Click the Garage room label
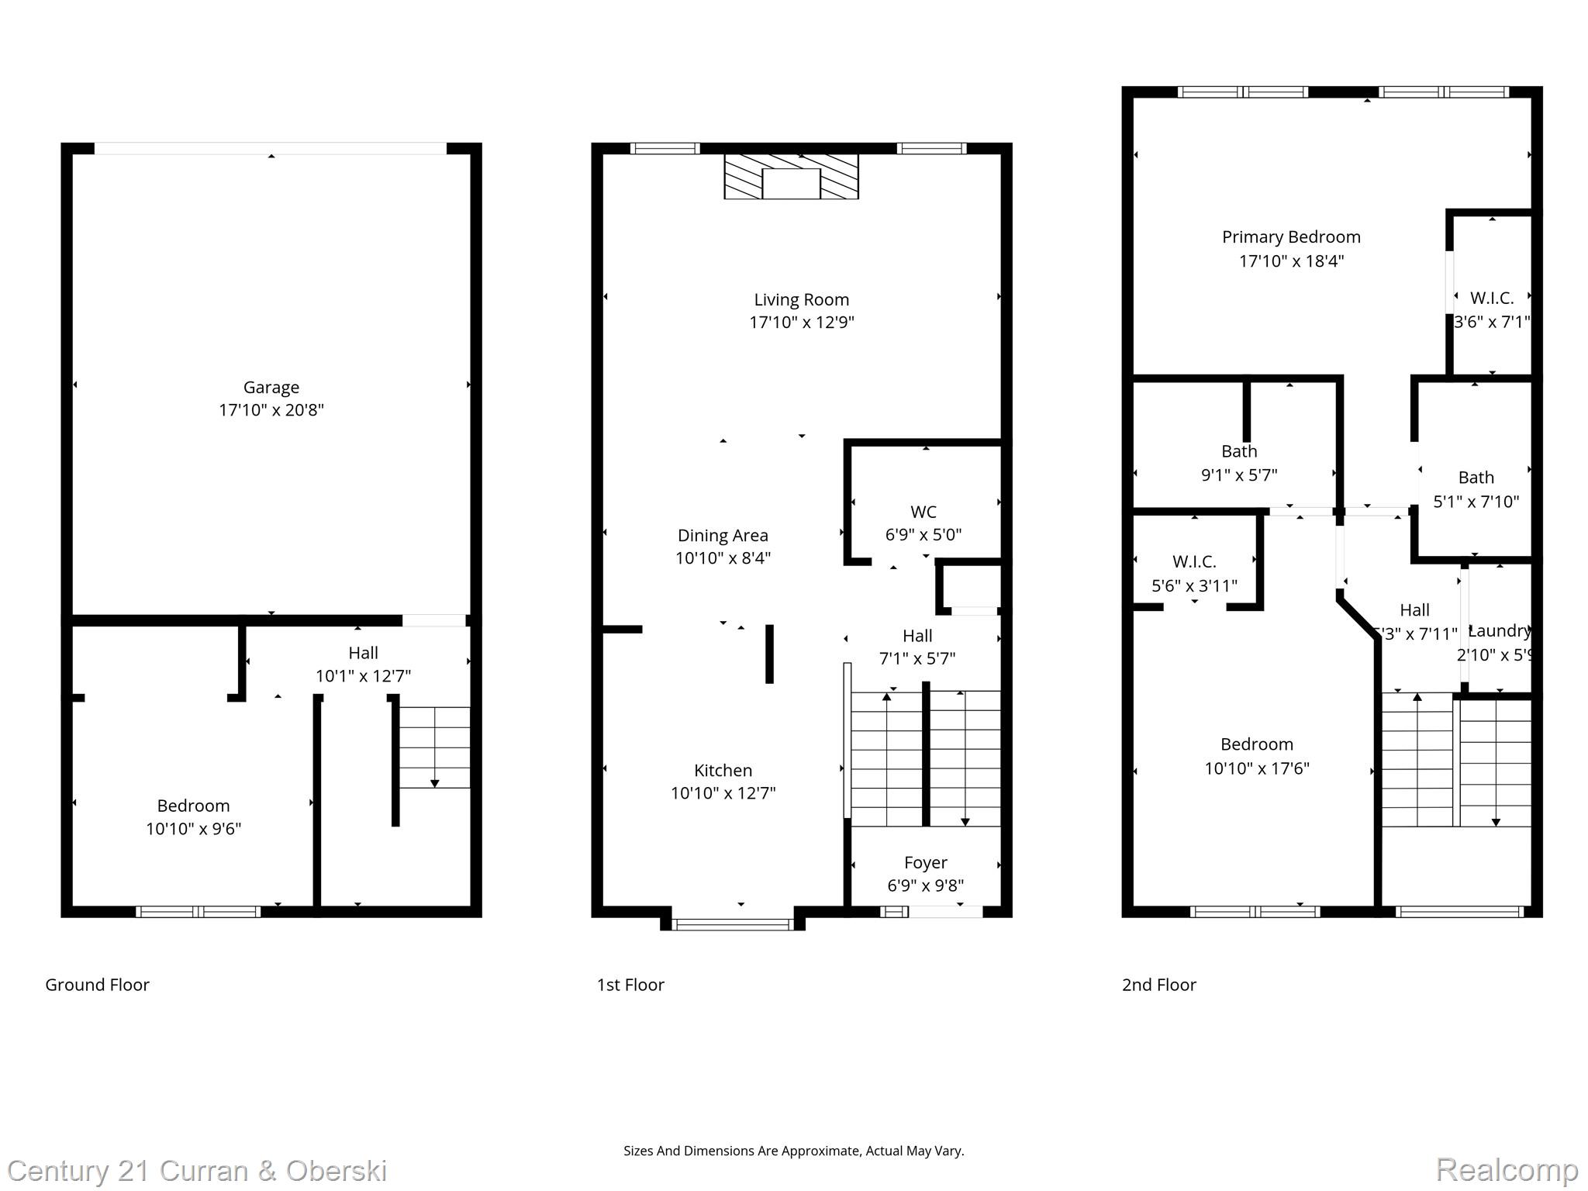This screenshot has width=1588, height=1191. (271, 387)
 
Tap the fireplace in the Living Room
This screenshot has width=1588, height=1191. (791, 177)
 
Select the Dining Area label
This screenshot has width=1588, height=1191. (723, 535)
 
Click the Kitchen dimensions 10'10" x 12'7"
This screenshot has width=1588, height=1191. (723, 792)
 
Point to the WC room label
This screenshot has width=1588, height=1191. (923, 512)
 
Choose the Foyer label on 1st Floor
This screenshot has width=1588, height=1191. (925, 862)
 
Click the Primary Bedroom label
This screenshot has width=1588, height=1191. (1291, 237)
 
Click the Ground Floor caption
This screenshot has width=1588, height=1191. (97, 985)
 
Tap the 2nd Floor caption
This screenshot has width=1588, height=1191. (1158, 985)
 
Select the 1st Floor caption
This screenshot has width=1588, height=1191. (630, 985)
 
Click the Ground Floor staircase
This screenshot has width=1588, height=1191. (434, 747)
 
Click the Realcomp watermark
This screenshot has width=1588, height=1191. (1507, 1169)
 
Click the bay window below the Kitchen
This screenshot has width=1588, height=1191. (732, 923)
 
